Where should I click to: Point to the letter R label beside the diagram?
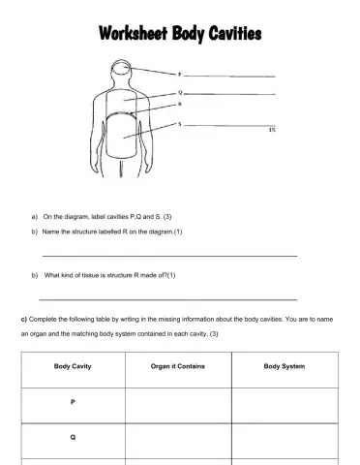pos(179,103)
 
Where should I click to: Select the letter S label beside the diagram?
pos(179,123)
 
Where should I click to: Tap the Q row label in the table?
pos(73,437)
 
